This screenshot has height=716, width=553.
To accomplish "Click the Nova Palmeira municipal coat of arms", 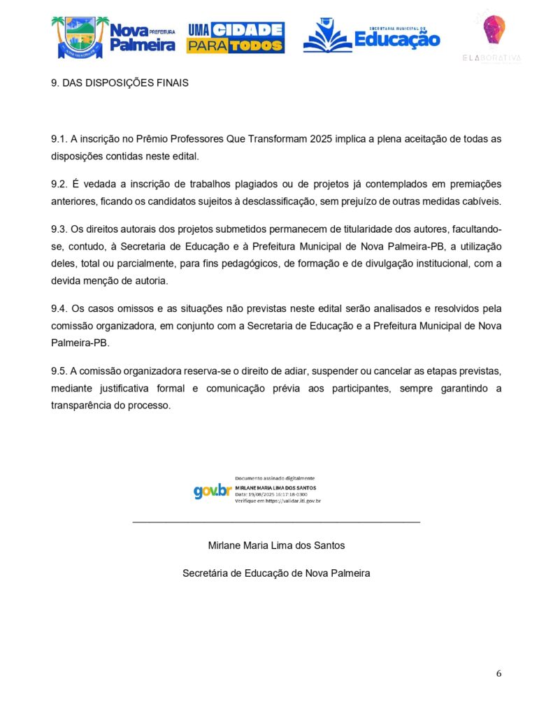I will (80, 38).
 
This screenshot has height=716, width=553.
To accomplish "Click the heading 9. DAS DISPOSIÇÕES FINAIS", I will (120, 83).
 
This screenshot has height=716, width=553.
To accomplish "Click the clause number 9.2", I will (59, 184).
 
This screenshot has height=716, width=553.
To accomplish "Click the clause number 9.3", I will (59, 229).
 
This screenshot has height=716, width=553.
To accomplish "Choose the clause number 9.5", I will (59, 371).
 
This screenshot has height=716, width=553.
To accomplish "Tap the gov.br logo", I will (213, 491).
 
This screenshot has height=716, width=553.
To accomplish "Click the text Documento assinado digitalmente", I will (275, 478).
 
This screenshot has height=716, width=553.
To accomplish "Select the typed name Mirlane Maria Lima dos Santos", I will (276, 545).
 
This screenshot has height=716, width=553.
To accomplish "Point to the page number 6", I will (498, 674).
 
